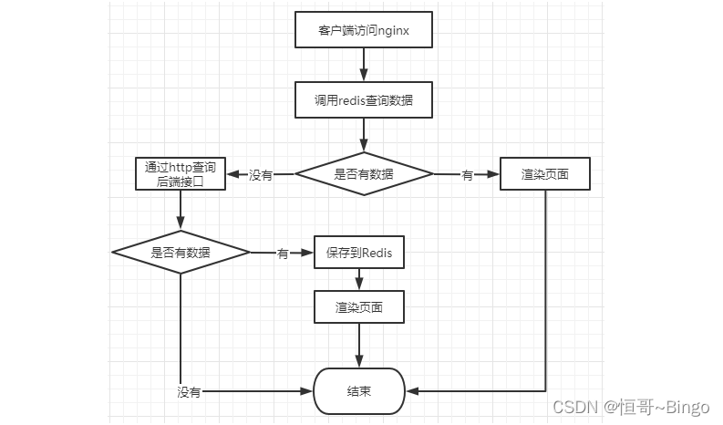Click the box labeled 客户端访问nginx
point(363,29)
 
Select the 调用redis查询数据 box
point(363,100)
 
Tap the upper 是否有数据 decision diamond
point(363,174)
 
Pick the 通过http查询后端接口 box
point(180,173)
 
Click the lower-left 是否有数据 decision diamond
point(180,252)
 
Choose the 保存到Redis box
point(358,254)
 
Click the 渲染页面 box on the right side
point(545,174)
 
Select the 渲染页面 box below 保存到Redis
point(358,308)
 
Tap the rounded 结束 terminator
point(358,391)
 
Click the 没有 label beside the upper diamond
point(261,175)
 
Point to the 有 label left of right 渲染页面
point(467,175)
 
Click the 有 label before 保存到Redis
point(283,254)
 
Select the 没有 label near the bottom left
point(189,392)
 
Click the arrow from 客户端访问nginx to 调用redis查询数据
point(363,65)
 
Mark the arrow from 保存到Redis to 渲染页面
point(358,281)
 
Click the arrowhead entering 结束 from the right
point(411,391)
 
